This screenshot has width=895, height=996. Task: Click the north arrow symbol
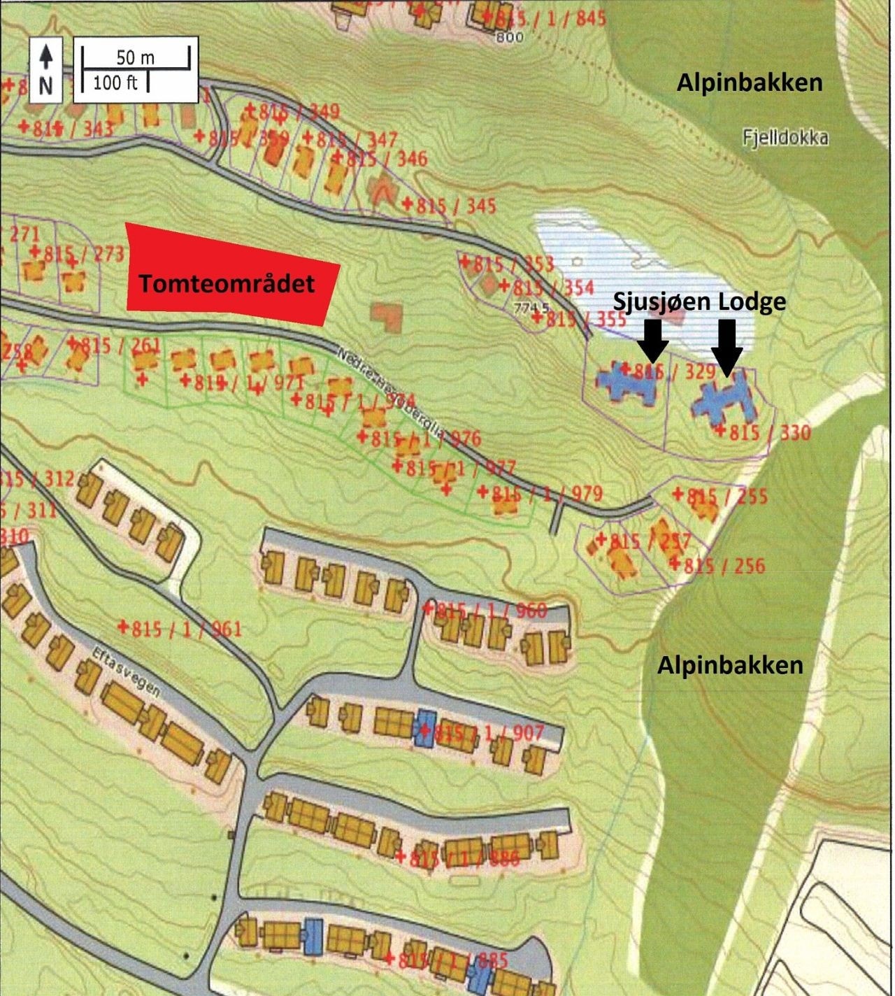45,68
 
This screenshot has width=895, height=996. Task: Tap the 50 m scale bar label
135,57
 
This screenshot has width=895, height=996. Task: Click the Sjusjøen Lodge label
699,301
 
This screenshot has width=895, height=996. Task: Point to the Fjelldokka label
785,137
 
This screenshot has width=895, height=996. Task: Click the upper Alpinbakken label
749,83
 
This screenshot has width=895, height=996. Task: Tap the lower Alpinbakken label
730,664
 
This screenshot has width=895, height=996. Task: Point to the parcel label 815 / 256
723,565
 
